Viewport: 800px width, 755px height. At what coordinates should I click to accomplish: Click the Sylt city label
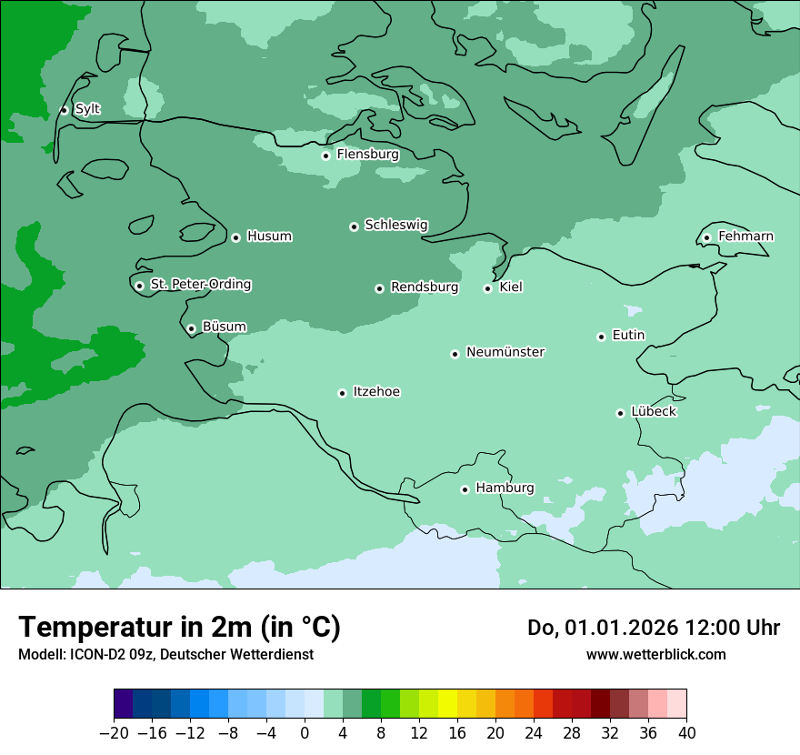coord(87,109)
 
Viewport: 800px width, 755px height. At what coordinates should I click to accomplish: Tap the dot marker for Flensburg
coord(325,156)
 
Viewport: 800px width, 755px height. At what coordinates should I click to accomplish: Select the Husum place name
coord(269,237)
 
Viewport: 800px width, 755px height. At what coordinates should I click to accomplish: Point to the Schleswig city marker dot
coord(354,226)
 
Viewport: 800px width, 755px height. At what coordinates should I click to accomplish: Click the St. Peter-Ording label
coord(200,285)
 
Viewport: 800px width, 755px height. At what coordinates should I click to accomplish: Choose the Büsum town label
coord(224,327)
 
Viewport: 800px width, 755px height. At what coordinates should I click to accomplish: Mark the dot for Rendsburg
coord(379,288)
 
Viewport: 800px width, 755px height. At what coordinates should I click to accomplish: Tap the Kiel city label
coord(511,287)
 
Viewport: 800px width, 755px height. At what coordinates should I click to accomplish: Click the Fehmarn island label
coord(745,237)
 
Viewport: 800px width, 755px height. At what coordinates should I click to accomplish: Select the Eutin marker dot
coord(601,337)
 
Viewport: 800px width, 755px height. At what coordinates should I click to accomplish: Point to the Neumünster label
coord(505,352)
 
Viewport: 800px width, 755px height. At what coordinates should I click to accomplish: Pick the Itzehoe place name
coord(376,392)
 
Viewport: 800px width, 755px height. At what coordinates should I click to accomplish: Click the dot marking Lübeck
coord(620,413)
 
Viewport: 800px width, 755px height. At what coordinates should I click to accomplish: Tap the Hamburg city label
coord(505,488)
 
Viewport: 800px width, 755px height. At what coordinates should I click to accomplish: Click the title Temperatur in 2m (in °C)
coord(179,627)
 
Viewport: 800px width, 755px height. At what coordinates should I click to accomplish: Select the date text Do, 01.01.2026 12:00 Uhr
coord(654,628)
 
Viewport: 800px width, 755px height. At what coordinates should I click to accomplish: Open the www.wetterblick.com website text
coord(655,654)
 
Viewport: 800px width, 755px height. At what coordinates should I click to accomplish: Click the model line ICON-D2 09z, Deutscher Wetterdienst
coord(165,654)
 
